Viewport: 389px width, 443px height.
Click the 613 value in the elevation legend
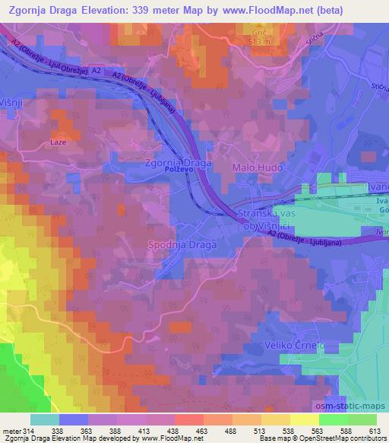(375, 430)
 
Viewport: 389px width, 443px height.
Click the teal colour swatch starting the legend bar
(44, 419)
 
